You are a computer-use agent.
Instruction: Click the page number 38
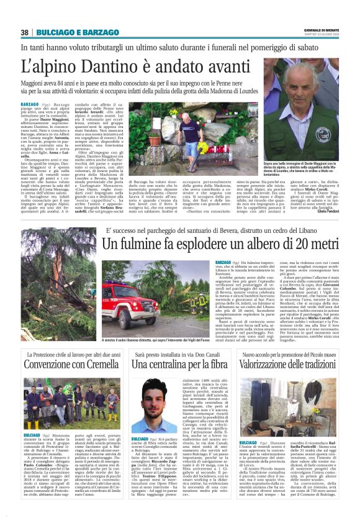click(x=25, y=32)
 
